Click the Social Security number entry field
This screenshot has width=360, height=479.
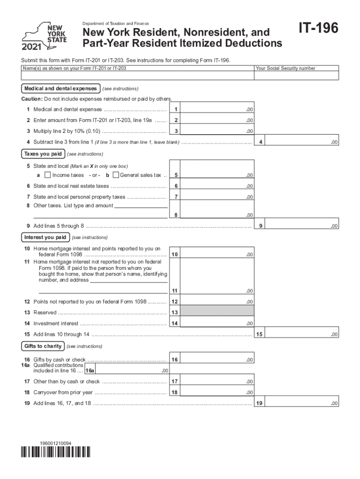(x=296, y=76)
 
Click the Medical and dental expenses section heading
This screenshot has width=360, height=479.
(x=60, y=88)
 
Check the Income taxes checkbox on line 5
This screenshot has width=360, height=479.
(x=47, y=175)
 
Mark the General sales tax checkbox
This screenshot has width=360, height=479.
(x=116, y=175)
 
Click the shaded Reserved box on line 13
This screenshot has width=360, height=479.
(x=217, y=312)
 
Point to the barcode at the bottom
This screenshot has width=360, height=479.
(x=56, y=451)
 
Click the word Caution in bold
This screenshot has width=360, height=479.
(x=31, y=99)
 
